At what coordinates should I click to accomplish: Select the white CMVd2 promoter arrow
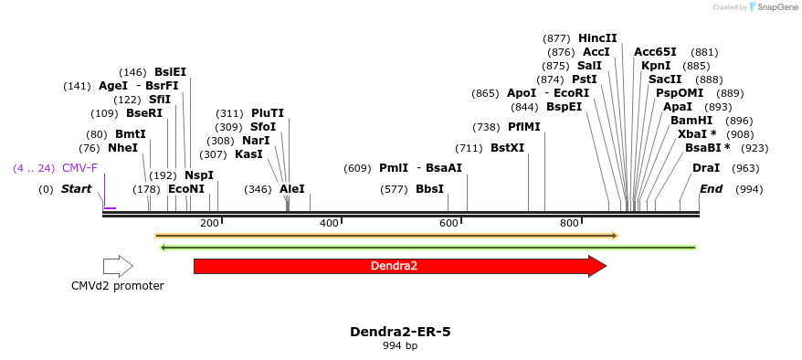click(118, 266)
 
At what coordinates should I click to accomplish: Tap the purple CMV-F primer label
click(79, 168)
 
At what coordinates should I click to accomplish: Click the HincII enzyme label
click(597, 38)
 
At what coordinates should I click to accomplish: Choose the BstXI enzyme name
click(508, 148)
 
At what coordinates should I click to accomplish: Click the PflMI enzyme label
click(524, 127)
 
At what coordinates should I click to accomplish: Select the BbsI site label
click(429, 189)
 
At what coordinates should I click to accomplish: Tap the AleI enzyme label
click(292, 189)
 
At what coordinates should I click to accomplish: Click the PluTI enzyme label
click(268, 113)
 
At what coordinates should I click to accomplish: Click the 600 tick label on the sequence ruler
click(448, 224)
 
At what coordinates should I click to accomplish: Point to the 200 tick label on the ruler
click(209, 224)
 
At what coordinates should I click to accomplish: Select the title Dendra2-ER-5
click(400, 332)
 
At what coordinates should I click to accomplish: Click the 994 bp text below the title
click(400, 345)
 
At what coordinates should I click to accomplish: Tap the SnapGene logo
click(773, 7)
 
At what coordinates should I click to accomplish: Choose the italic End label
click(712, 189)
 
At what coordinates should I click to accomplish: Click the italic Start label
click(77, 189)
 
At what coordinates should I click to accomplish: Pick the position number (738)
click(486, 127)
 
